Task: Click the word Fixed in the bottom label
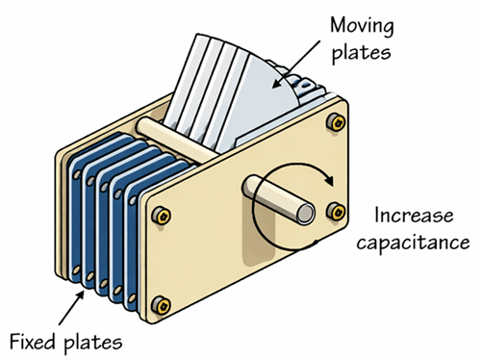32,341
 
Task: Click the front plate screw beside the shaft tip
335,210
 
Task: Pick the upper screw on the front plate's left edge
161,213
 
